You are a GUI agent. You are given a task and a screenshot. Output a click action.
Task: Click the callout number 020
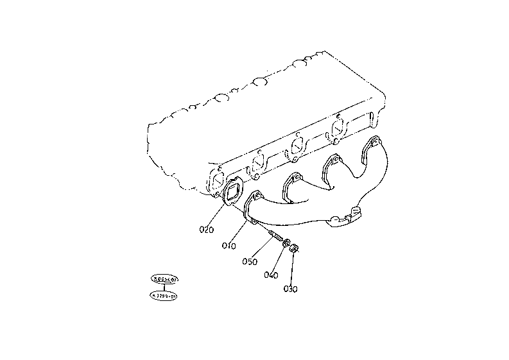coord(206,229)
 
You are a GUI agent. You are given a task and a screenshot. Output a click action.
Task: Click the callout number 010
coord(230,245)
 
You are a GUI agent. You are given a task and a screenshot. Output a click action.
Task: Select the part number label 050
coord(250,261)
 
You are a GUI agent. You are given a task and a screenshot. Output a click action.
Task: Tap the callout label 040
coord(271,275)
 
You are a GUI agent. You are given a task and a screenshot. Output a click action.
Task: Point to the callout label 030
coord(290,289)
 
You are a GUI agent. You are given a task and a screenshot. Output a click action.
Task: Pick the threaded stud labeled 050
coord(273,236)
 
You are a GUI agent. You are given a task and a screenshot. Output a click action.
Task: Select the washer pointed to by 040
coord(286,244)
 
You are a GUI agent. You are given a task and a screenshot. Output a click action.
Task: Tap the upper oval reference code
coord(165,279)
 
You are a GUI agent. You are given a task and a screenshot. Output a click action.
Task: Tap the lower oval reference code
coord(165,295)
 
